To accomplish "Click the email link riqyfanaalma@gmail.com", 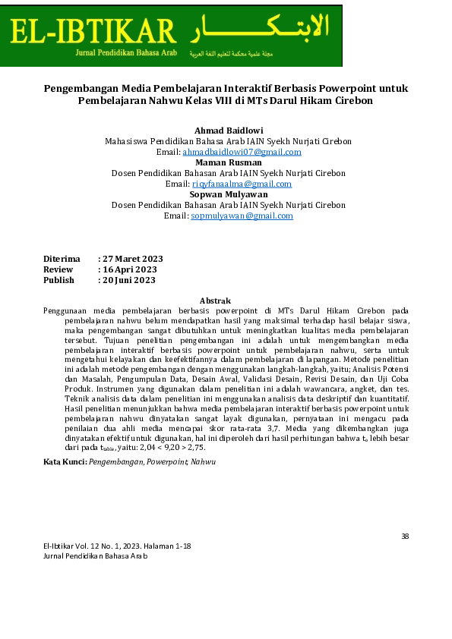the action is pyautogui.click(x=242, y=184).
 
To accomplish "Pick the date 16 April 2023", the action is pyautogui.click(x=131, y=269).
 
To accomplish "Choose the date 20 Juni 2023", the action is pyautogui.click(x=130, y=280).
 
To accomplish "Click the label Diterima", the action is pyautogui.click(x=62, y=259).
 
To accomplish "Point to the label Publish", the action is pyautogui.click(x=58, y=280).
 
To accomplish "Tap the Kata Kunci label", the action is pyautogui.click(x=65, y=461).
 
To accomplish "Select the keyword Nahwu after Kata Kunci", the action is pyautogui.click(x=203, y=461).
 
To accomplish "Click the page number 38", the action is pyautogui.click(x=405, y=537).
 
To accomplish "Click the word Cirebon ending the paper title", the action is pyautogui.click(x=353, y=100).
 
